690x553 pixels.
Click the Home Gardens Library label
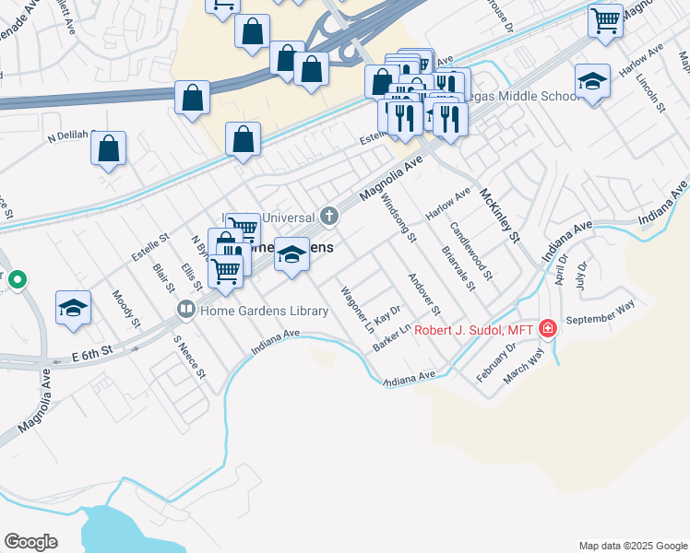tap(264, 311)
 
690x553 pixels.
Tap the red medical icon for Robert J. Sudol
tap(548, 328)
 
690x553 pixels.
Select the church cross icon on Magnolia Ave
tap(329, 217)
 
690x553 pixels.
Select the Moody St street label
tap(125, 310)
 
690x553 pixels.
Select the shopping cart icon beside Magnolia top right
tap(606, 19)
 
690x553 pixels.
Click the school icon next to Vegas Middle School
tap(592, 81)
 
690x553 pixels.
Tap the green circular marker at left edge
tap(17, 278)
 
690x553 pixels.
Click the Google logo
tap(30, 542)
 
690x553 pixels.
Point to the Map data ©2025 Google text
tap(632, 546)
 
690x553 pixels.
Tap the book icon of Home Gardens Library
tap(185, 310)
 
